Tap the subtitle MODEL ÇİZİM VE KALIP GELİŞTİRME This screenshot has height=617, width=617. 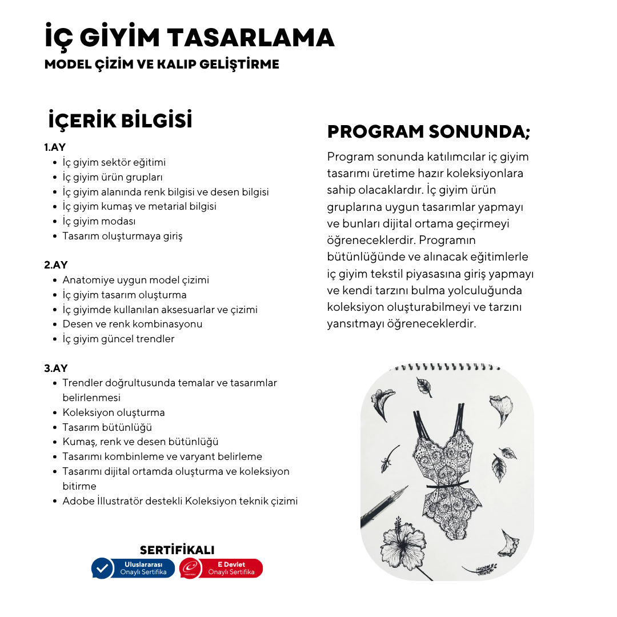point(162,65)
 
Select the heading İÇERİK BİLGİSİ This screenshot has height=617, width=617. point(121,121)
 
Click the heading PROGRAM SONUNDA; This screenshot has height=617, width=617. point(428,132)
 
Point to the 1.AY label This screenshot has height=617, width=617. point(55,147)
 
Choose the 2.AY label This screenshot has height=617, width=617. point(56,265)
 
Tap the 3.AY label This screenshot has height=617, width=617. point(56,368)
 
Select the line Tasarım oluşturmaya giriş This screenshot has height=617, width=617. point(122,236)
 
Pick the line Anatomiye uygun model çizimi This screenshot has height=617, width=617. point(135,280)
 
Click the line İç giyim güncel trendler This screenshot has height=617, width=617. point(118,339)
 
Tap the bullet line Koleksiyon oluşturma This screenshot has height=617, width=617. point(113,412)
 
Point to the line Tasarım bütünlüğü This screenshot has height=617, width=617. point(107,427)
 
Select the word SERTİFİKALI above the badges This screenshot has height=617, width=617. point(177,550)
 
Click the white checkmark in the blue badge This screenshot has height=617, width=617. point(102,568)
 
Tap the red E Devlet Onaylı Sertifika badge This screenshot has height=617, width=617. point(221,568)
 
